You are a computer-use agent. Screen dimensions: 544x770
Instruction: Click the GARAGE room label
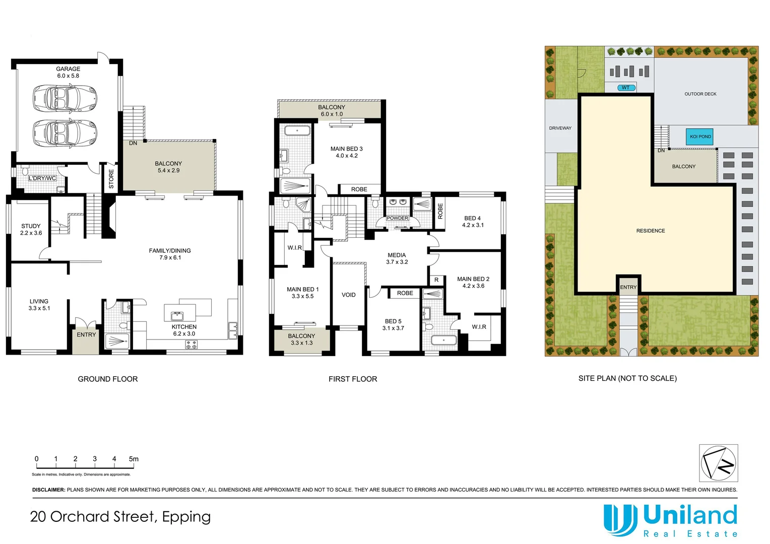point(68,69)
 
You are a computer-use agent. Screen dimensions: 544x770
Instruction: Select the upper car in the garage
point(65,96)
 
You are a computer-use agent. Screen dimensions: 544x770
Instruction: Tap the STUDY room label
point(31,226)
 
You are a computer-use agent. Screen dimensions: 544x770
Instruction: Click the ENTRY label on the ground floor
point(86,335)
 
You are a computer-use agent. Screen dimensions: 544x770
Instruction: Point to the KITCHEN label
point(184,327)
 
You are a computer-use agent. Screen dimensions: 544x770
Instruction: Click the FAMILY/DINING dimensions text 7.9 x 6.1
point(170,258)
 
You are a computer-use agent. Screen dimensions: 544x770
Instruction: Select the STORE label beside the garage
point(111,179)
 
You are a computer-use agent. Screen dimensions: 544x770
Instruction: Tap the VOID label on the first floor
point(348,295)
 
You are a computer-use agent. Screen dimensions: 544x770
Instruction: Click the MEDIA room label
point(397,255)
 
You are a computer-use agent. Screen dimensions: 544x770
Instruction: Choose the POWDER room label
point(397,218)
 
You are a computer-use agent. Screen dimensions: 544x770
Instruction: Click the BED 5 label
point(393,321)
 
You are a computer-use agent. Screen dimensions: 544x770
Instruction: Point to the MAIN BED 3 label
point(346,149)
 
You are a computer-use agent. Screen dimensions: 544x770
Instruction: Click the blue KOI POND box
point(700,137)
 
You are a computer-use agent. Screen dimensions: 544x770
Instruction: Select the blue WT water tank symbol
point(626,88)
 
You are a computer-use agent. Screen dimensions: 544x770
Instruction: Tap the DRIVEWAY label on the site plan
point(560,128)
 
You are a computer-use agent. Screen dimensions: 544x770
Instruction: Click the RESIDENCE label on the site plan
point(650,231)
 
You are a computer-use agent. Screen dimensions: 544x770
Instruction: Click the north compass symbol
point(718,463)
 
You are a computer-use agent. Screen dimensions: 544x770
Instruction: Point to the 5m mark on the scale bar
point(133,459)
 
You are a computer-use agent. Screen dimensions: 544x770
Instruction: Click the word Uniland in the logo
point(690,516)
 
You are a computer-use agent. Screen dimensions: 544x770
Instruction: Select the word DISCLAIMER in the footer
point(48,490)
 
